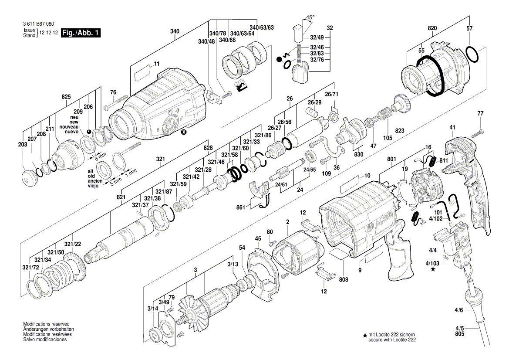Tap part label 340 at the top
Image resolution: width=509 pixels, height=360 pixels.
[x=175, y=31]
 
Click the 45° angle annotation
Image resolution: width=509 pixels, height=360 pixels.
[x=310, y=18]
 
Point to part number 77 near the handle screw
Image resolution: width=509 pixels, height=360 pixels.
[x=480, y=114]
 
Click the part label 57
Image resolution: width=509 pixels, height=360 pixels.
[x=469, y=29]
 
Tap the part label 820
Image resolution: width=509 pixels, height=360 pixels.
[x=432, y=29]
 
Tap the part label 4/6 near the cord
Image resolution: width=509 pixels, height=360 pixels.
[x=459, y=310]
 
